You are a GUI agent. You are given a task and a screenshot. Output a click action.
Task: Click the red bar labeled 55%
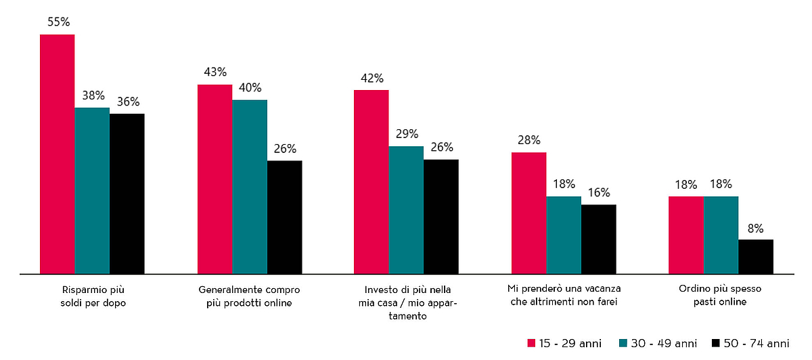[x=58, y=154]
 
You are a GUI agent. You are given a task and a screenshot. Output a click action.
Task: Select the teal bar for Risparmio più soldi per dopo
[x=92, y=191]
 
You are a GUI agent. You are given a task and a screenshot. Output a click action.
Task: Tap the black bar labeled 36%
[x=127, y=194]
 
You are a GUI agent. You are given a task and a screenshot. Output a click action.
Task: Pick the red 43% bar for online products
[x=215, y=179]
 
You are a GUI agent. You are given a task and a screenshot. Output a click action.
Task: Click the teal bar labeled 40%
[x=250, y=187]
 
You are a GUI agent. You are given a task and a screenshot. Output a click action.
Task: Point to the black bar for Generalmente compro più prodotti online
[x=285, y=217]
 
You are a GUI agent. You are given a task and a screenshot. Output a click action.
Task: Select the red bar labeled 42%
[x=371, y=182]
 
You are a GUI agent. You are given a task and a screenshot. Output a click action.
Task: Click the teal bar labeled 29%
[x=406, y=210]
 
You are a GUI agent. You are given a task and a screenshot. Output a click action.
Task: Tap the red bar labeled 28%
[x=528, y=213]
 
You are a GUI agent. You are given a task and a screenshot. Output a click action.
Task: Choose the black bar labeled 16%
[x=599, y=239]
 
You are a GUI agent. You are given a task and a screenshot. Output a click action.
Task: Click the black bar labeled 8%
[x=756, y=256]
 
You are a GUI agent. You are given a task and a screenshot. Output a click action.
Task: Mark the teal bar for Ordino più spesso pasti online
[x=721, y=235]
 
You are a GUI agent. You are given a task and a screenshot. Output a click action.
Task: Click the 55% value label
[x=58, y=22]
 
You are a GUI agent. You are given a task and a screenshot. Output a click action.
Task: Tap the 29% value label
[x=407, y=134]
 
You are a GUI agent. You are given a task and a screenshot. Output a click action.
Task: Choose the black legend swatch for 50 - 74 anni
[x=716, y=343]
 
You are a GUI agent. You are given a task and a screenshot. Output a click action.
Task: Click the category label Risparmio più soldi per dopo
[x=93, y=296]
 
